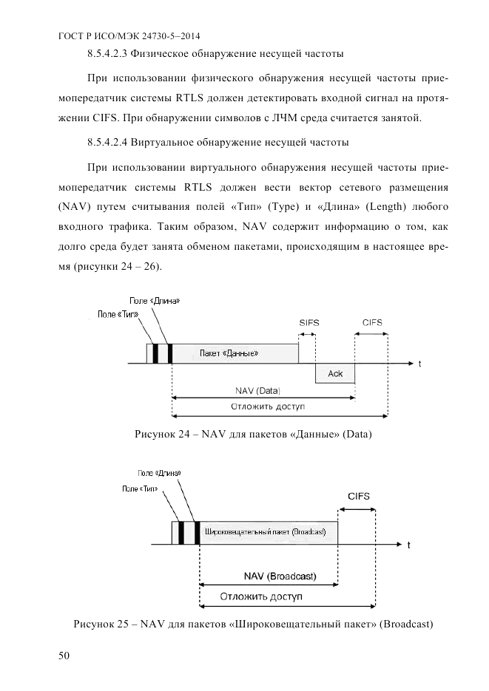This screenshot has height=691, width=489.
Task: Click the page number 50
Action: [x=64, y=656]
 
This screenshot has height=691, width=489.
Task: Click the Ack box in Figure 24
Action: [x=335, y=373]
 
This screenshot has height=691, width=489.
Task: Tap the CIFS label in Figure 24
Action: [x=372, y=323]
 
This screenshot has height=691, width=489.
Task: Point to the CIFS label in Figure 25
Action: [x=359, y=496]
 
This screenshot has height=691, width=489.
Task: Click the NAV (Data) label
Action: [x=263, y=390]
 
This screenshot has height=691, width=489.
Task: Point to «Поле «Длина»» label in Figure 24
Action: [x=155, y=302]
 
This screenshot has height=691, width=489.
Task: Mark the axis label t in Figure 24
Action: [x=419, y=363]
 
